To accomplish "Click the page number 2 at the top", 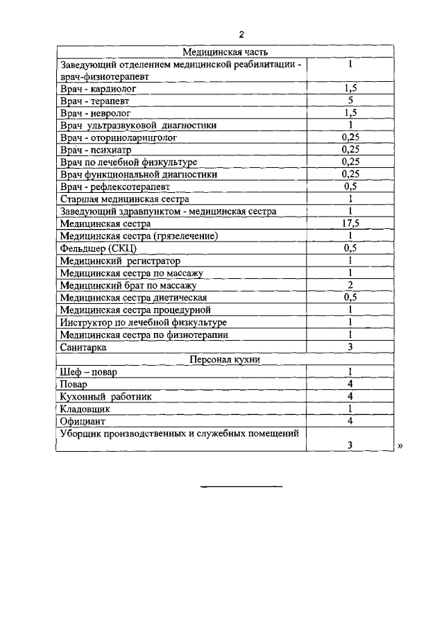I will coord(241,35).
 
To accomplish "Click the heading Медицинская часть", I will coord(225,51).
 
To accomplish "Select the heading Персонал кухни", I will coord(225,359).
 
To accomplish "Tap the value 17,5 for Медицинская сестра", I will coord(350,223).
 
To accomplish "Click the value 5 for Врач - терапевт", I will coord(350,100).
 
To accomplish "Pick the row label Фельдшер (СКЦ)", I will coord(98,248).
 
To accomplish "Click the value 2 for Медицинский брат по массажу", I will coord(350,285).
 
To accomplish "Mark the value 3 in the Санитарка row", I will coord(350,346).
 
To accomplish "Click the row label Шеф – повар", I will coord(89,372).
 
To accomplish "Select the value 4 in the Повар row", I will coord(350,384).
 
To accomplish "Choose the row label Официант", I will coord(83,421).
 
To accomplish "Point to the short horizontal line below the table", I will coord(241,486).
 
